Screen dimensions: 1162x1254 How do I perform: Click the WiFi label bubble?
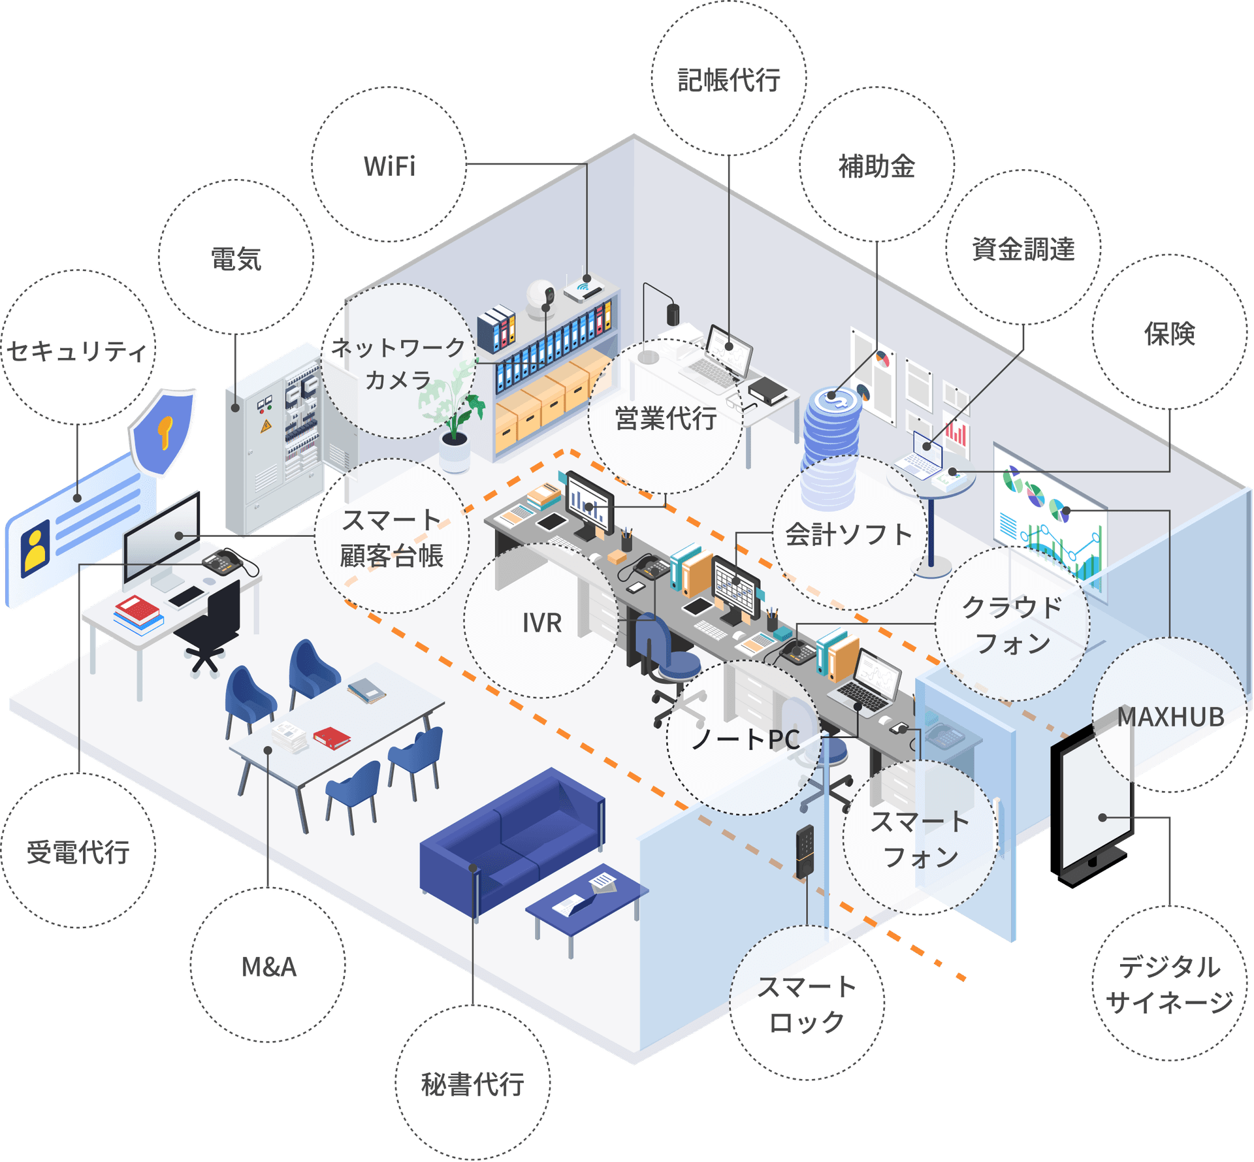pos(389,166)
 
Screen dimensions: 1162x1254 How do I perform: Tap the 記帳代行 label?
pos(729,80)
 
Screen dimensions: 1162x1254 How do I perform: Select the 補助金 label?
pos(876,166)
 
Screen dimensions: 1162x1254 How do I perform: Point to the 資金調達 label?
pos(1023,249)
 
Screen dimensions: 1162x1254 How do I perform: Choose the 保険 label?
pos(1169,333)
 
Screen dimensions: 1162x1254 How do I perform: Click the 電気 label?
pos(236,259)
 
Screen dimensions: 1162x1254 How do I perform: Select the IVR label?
pos(541,622)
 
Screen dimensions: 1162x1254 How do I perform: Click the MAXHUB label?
pos(1170,717)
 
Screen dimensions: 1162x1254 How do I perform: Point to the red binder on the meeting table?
pos(332,737)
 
